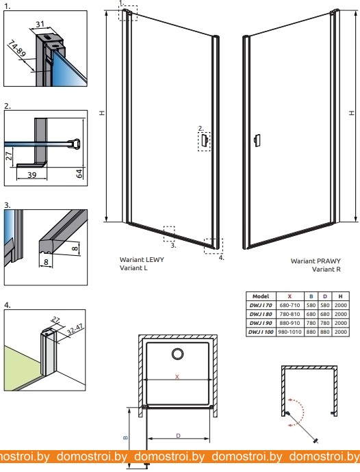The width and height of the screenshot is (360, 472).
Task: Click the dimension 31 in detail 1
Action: (x=40, y=24)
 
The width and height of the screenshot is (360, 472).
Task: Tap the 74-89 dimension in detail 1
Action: (x=16, y=48)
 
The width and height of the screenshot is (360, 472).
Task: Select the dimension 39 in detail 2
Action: (x=31, y=174)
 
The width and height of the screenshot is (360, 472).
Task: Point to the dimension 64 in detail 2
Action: (x=79, y=174)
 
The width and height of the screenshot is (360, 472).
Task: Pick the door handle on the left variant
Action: (x=205, y=141)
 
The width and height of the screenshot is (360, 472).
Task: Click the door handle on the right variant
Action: (x=257, y=140)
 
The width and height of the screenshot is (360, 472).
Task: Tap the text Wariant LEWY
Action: (x=142, y=259)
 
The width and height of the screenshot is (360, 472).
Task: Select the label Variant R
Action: (x=326, y=269)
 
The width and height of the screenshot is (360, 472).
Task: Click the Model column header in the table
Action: (x=261, y=296)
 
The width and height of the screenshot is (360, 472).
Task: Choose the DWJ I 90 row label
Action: (x=261, y=323)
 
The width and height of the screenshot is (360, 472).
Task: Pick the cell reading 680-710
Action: (x=290, y=305)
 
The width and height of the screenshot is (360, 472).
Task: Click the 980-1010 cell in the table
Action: (x=290, y=332)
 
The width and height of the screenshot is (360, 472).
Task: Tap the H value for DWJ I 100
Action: (x=340, y=332)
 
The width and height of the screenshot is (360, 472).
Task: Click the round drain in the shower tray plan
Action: (x=178, y=354)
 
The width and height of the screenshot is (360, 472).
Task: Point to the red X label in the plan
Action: (x=177, y=377)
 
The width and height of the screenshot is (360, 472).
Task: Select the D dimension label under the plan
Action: (x=178, y=436)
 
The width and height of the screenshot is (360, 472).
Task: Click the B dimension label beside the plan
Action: (x=126, y=437)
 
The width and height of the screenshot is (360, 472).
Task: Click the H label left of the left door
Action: (x=103, y=113)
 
